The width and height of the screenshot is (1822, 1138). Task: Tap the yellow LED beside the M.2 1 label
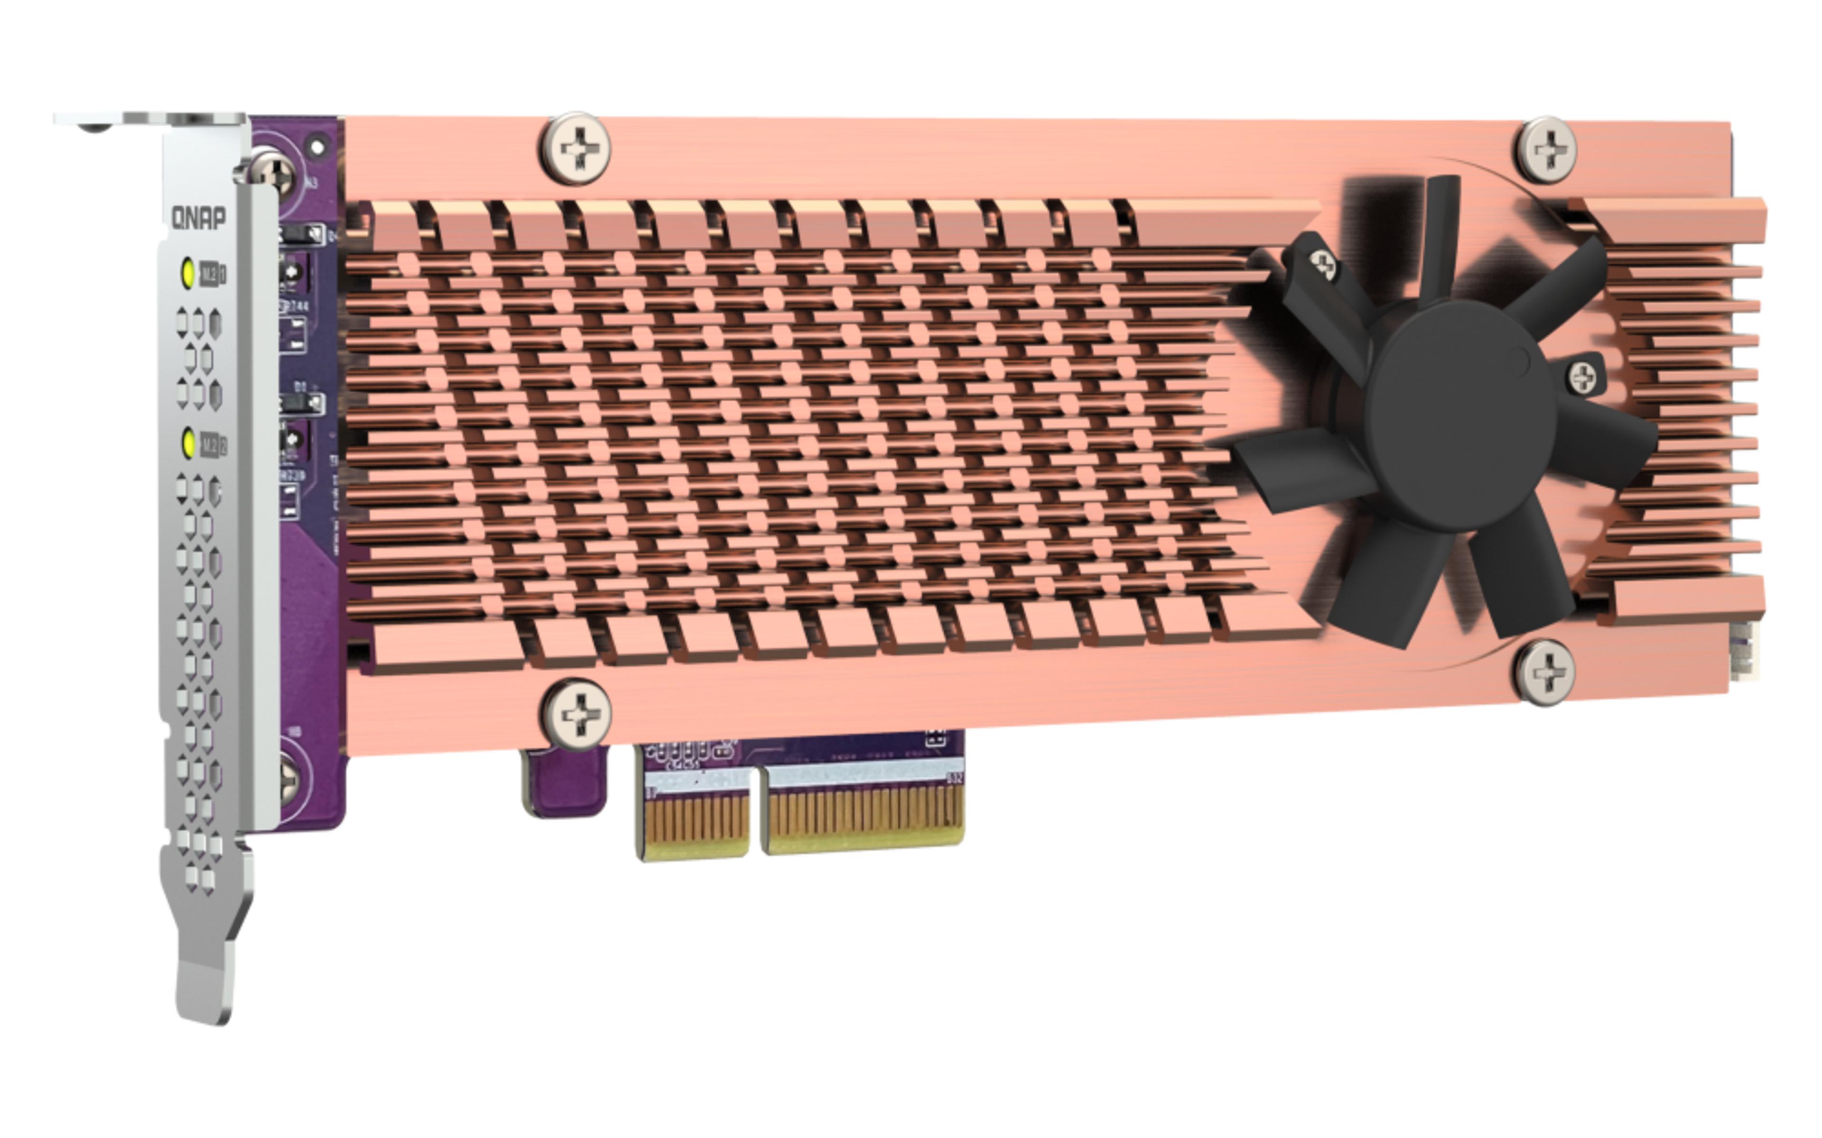[188, 273]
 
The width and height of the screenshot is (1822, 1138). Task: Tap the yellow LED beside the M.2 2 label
[189, 443]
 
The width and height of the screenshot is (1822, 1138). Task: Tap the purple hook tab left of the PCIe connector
[564, 783]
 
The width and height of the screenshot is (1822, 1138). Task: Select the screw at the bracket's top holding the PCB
[276, 174]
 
